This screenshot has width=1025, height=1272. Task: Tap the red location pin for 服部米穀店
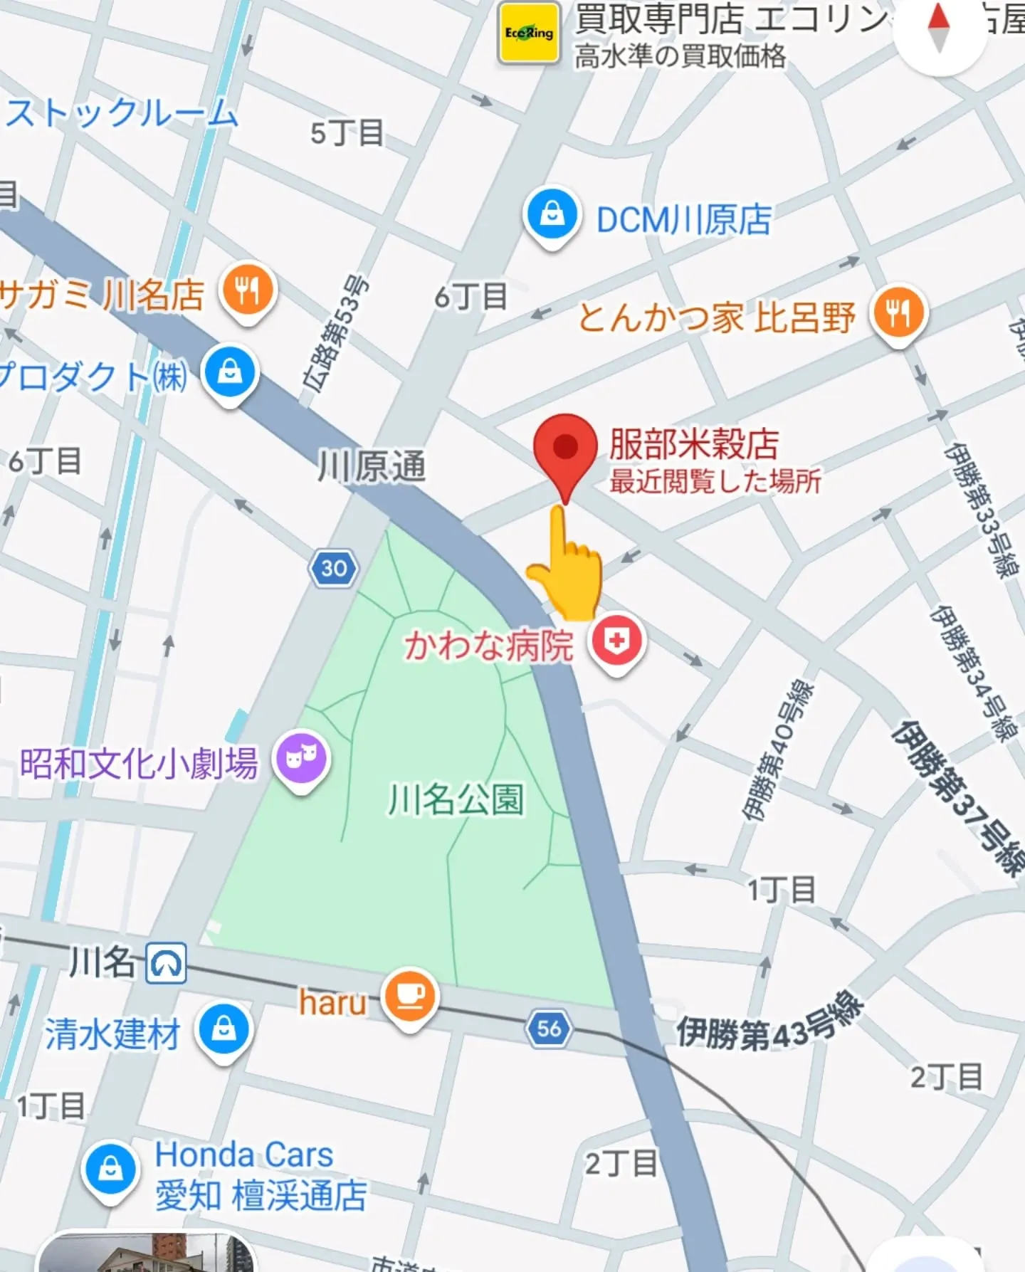[x=565, y=448]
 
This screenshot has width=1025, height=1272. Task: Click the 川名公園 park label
[x=456, y=799]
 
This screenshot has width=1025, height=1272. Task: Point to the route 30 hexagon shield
[x=334, y=568]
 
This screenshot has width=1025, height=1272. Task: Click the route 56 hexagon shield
[x=549, y=1028]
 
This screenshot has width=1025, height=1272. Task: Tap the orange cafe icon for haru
[x=409, y=996]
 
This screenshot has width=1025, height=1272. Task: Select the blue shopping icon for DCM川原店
[x=551, y=213]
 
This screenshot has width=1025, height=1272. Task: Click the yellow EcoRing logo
[x=529, y=33]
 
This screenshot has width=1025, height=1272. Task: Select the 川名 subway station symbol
[x=167, y=963]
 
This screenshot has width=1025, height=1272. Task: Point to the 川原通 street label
[x=372, y=467]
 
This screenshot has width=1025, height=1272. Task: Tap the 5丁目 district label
[x=347, y=133]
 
